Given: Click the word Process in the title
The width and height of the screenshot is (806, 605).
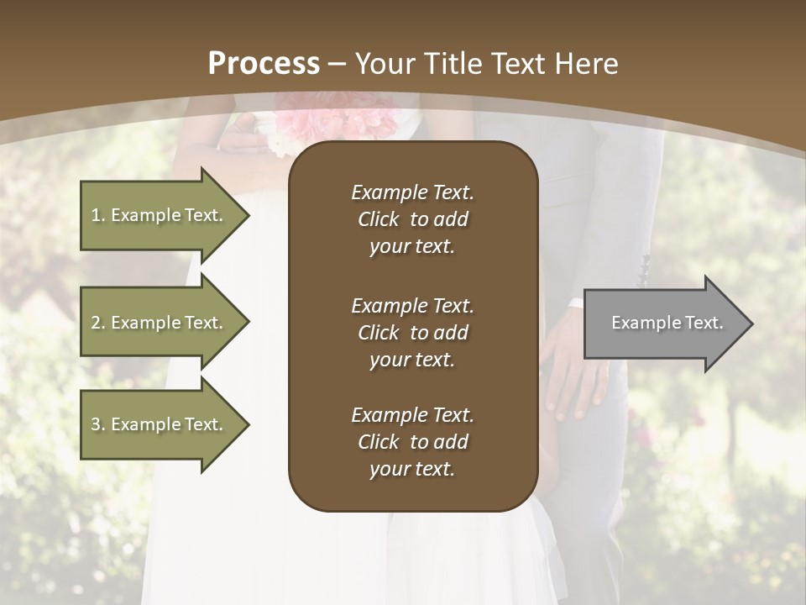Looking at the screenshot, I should coord(264,64).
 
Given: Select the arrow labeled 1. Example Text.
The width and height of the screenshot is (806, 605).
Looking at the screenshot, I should coord(160,215).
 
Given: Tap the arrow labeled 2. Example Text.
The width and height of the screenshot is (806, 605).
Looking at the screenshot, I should coord(160,323).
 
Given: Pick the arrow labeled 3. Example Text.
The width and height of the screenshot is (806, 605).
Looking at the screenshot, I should coord(160,424).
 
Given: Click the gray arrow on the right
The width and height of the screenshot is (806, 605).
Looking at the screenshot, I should coord(663,323).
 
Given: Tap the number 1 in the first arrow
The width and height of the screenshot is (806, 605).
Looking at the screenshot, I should coord(95,215).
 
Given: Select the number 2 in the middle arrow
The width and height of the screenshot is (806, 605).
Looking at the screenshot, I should coord(96,323).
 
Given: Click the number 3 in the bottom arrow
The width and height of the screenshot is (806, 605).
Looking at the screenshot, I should coord(96,424).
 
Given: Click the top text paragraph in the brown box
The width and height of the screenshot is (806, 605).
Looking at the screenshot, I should coord(412,219).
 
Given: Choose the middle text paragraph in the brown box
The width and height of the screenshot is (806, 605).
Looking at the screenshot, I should coord(412,333).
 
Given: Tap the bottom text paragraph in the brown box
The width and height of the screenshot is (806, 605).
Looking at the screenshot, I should coord(412,442).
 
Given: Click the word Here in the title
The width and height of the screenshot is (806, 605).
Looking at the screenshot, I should coord(588,64).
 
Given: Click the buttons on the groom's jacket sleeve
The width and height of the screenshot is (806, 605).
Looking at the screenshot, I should coord(644,269).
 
